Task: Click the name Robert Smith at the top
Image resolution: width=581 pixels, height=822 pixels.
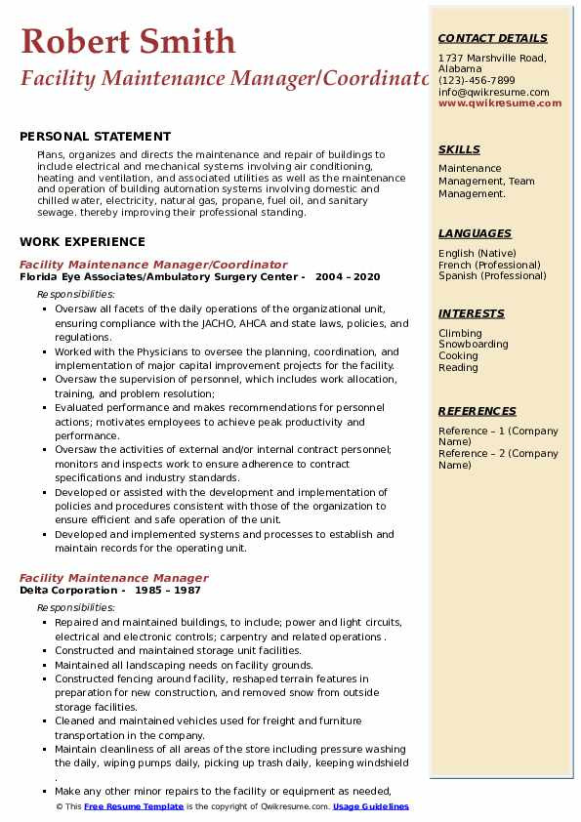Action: click(x=128, y=41)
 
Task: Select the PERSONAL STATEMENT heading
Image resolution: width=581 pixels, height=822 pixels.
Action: click(x=95, y=137)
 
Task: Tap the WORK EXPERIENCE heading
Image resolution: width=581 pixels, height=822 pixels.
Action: click(x=82, y=242)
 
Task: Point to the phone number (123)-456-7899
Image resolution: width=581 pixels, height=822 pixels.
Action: click(x=477, y=81)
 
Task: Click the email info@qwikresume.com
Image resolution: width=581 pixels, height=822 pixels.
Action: click(x=493, y=93)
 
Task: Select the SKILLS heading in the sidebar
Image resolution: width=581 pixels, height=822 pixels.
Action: click(x=459, y=150)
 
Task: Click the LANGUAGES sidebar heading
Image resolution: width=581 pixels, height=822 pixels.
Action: click(x=475, y=234)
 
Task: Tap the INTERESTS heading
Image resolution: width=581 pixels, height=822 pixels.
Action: click(x=472, y=314)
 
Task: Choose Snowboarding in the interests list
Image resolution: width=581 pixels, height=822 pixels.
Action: click(x=473, y=345)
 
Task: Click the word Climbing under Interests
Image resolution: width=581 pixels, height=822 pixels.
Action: click(x=460, y=334)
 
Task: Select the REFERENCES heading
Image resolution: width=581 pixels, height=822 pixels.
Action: click(x=477, y=412)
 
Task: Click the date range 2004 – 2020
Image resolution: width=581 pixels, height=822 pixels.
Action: click(x=348, y=277)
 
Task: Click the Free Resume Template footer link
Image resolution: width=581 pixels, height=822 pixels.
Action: click(x=133, y=807)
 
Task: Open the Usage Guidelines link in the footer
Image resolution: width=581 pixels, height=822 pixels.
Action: click(x=370, y=807)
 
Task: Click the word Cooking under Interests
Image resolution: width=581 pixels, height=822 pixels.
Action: click(x=458, y=356)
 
